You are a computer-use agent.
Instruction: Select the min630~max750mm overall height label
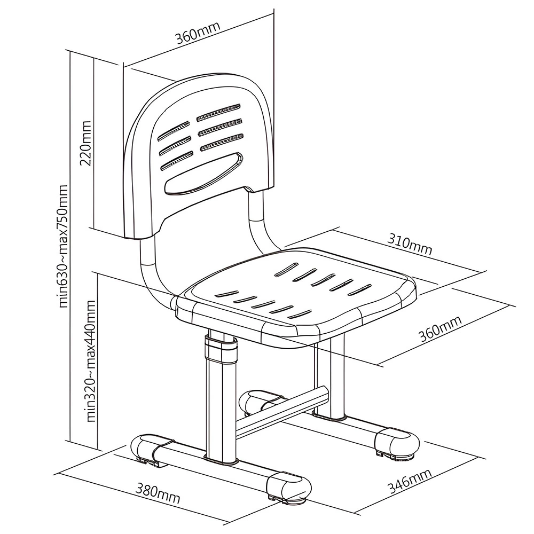tap(65, 247)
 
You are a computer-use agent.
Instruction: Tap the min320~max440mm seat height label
tap(91, 360)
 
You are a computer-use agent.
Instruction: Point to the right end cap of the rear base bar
tap(396, 443)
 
